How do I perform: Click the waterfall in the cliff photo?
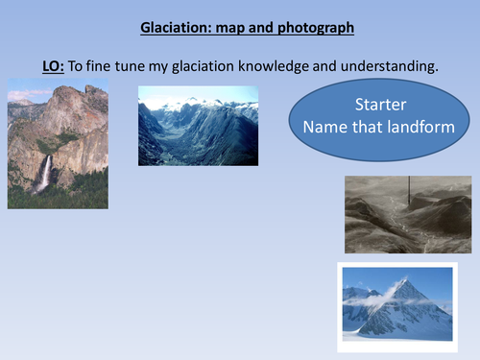[x=43, y=173]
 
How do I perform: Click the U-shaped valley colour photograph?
[x=198, y=125]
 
